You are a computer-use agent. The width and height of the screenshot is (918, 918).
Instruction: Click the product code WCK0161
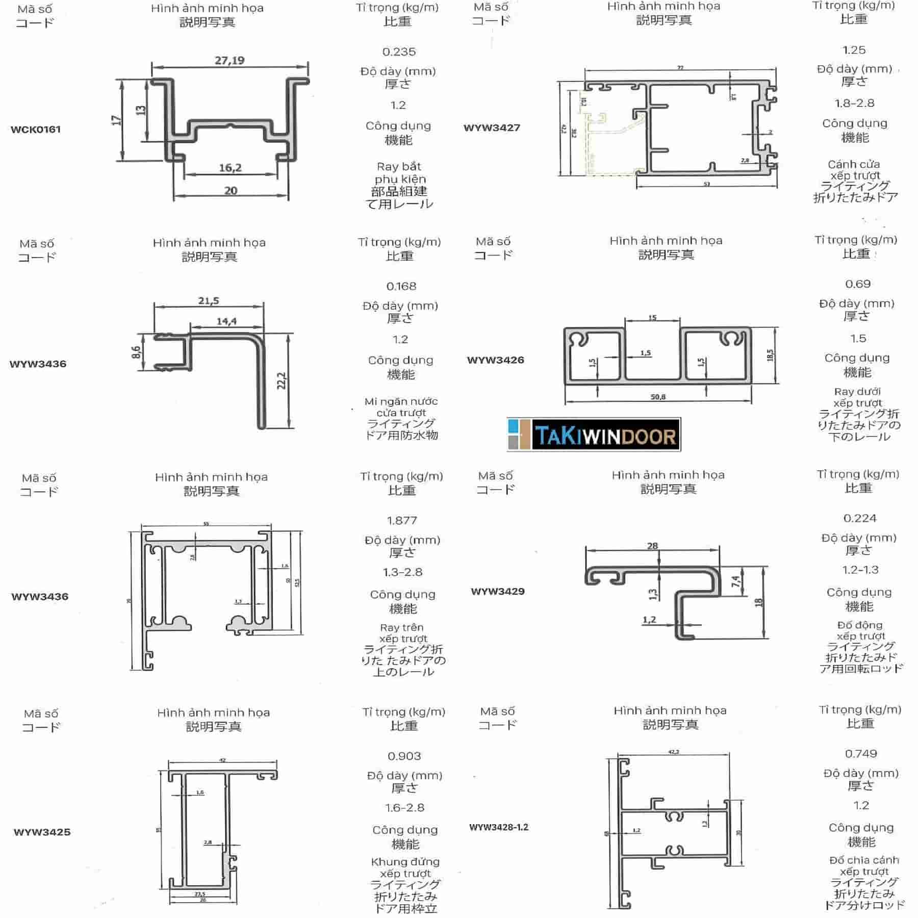click(36, 130)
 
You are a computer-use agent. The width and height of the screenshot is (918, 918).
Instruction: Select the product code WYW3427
click(492, 127)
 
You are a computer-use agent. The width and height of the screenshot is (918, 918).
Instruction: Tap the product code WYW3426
click(495, 360)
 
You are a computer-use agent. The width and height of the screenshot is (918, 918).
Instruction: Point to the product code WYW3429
click(498, 592)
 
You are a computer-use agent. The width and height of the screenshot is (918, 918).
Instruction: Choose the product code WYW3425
click(42, 832)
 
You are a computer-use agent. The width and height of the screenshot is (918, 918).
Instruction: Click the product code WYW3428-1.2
click(499, 827)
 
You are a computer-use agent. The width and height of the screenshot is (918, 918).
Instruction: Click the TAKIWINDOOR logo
click(594, 435)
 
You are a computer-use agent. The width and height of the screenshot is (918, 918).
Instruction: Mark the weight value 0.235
click(399, 52)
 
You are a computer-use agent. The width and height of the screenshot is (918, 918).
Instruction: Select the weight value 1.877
click(402, 521)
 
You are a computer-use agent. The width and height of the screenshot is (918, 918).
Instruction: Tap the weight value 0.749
click(861, 754)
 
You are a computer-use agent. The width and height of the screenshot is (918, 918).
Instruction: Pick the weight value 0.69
click(858, 284)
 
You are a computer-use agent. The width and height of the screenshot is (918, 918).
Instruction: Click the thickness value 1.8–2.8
click(854, 104)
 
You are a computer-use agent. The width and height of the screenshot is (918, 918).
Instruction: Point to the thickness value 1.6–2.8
click(404, 808)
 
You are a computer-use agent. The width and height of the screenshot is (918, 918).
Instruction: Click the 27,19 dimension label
click(229, 61)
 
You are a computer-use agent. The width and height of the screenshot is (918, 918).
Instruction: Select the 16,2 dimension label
click(231, 168)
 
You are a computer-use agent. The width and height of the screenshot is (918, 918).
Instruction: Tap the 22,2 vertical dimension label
click(282, 380)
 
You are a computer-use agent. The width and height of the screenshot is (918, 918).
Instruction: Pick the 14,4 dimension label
click(226, 321)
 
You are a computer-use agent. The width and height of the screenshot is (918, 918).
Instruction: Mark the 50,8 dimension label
click(658, 397)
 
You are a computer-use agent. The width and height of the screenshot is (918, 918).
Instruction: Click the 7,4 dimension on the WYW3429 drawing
click(735, 582)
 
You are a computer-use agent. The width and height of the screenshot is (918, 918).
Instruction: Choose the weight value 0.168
click(401, 287)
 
